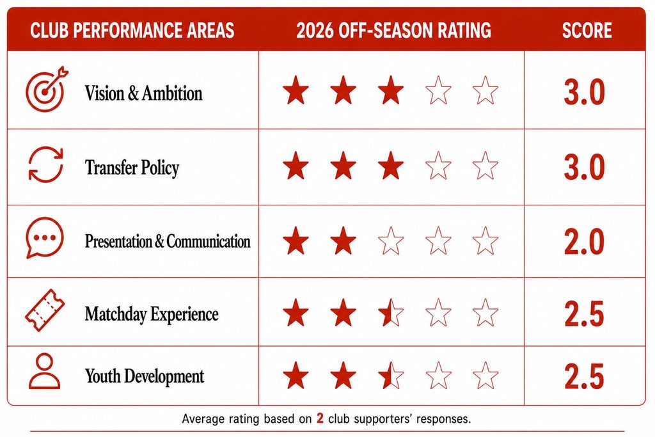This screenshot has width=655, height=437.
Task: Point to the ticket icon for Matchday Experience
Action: click(45, 310)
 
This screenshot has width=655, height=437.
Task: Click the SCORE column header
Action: click(587, 30)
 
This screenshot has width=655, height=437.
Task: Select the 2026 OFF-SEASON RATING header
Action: click(393, 30)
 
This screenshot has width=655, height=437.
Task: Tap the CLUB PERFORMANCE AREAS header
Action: click(132, 30)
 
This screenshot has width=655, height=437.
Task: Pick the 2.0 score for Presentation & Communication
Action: click(584, 242)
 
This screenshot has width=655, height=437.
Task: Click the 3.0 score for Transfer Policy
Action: click(584, 167)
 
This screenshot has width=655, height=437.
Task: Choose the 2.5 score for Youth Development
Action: click(584, 376)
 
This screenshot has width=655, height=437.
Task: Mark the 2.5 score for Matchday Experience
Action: click(584, 314)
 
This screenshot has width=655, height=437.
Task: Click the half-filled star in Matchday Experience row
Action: click(391, 312)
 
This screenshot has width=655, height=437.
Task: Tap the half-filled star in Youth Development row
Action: click(391, 375)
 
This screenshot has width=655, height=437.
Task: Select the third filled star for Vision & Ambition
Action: click(391, 90)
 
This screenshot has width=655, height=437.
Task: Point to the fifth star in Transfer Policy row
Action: click(485, 166)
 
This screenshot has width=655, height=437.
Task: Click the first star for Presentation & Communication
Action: click(296, 241)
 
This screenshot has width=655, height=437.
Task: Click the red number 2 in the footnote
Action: click(320, 418)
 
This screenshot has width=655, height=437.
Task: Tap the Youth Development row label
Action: click(145, 376)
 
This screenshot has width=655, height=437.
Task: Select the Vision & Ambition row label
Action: click(144, 93)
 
